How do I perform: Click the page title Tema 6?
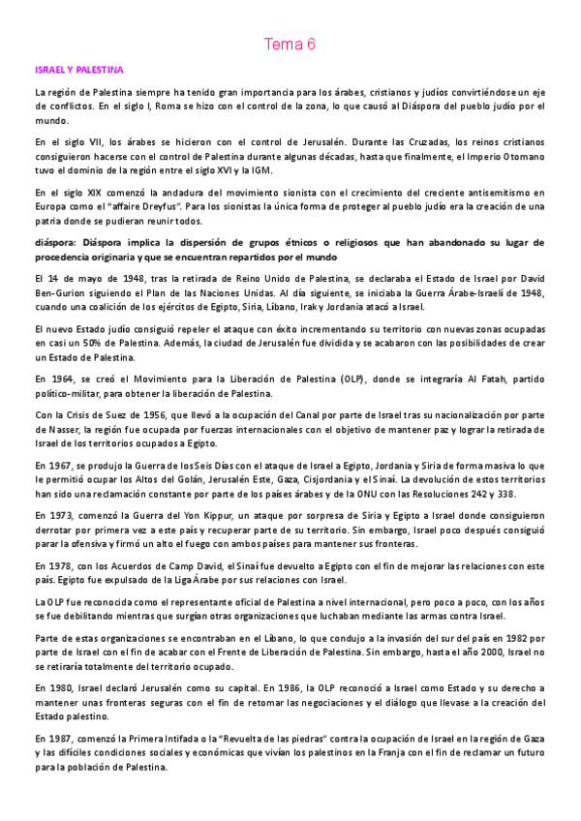click(290, 44)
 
